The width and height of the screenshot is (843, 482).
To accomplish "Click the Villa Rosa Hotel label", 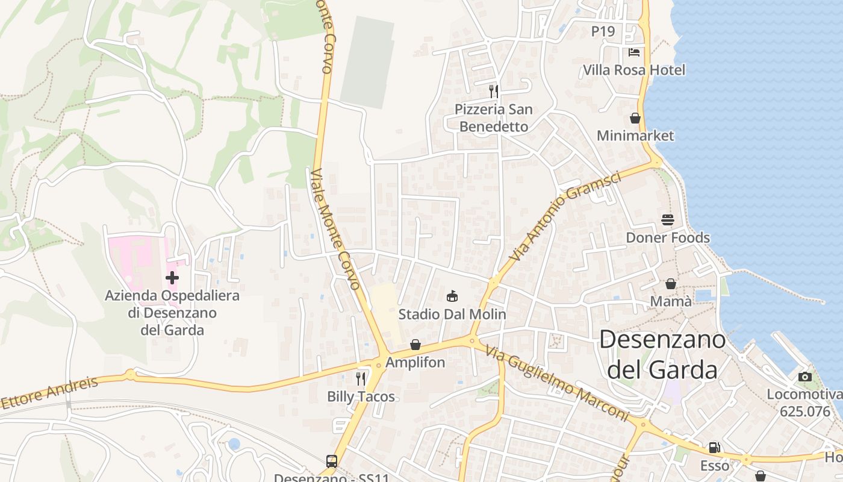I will click(x=634, y=70).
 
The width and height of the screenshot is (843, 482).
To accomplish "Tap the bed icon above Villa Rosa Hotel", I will click(x=634, y=52).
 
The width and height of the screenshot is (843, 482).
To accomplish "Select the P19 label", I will click(x=603, y=31).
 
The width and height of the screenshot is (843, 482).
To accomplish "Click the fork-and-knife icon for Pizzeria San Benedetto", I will click(x=494, y=92).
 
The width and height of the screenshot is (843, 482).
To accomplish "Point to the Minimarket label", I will click(x=635, y=136).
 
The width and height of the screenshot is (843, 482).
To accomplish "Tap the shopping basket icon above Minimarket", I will click(x=635, y=118).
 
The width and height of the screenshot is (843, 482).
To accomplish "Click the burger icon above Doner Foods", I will click(x=667, y=220).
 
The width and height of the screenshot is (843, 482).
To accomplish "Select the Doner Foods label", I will click(x=668, y=237).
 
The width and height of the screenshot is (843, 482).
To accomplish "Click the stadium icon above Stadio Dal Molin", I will click(x=452, y=296).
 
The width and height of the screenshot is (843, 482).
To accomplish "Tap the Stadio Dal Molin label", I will click(x=452, y=314).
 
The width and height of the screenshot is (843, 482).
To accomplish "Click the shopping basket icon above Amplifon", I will click(x=415, y=345).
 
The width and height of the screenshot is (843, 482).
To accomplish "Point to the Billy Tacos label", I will click(x=361, y=396).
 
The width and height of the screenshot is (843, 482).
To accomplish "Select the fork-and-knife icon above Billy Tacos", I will click(x=361, y=378).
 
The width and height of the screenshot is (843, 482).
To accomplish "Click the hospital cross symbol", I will click(x=172, y=278).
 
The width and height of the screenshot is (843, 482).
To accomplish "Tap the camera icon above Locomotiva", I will click(x=805, y=377).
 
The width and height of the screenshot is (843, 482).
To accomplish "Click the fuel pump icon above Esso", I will click(x=715, y=448).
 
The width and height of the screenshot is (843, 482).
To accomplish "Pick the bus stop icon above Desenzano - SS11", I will click(x=332, y=462).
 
